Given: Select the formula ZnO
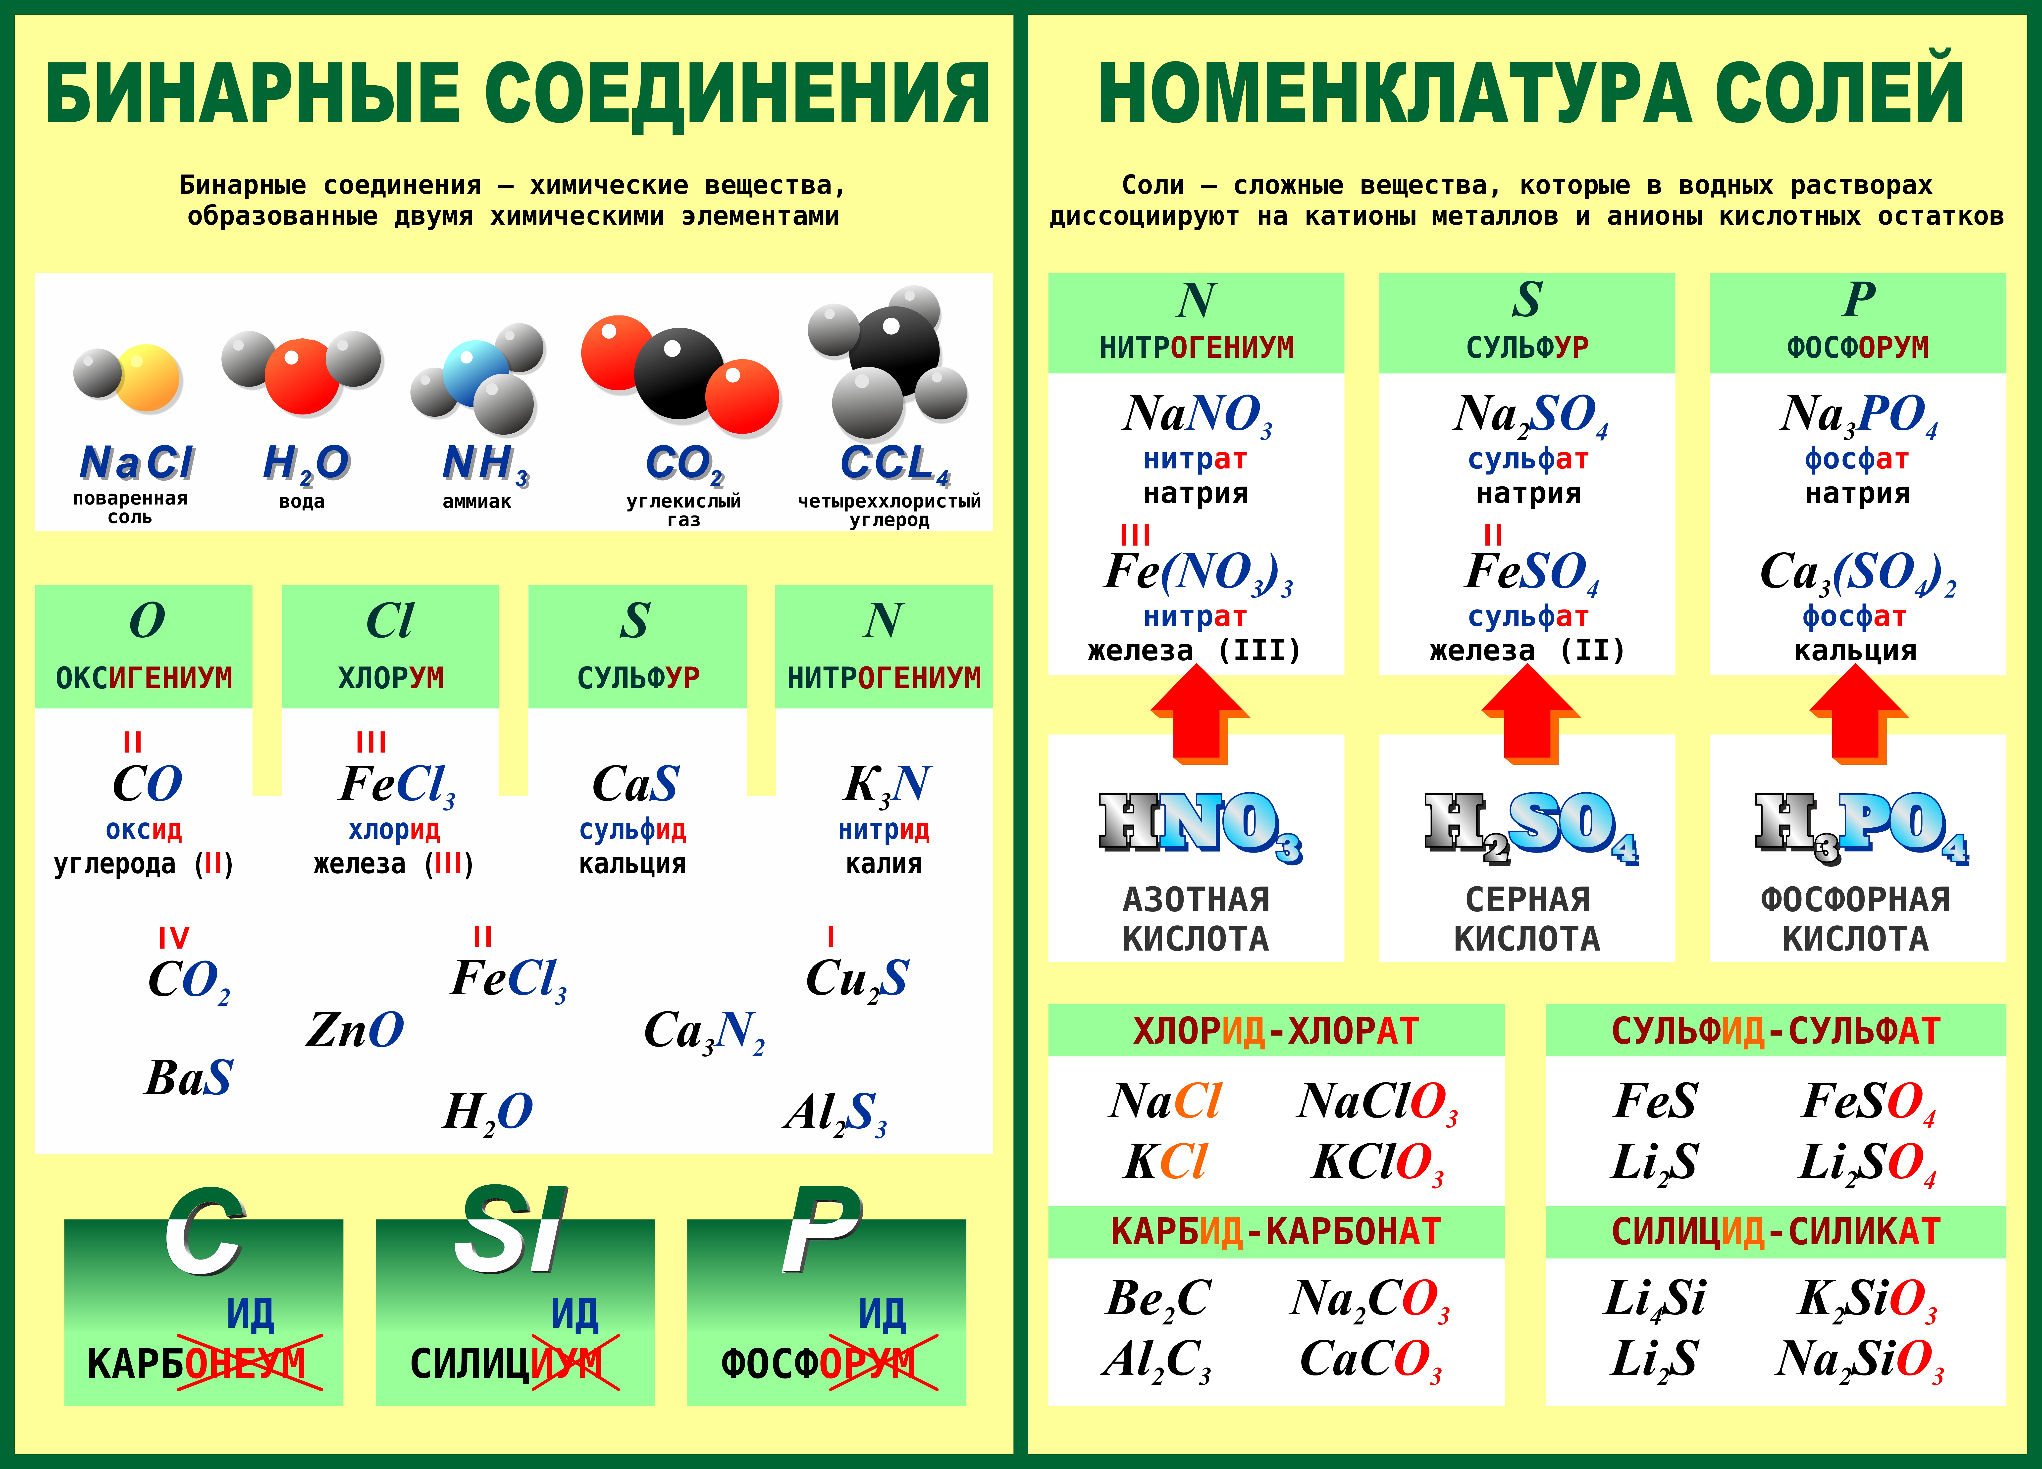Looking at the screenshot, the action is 355,1030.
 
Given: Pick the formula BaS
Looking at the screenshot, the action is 189,1077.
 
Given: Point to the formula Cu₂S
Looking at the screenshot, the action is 857,979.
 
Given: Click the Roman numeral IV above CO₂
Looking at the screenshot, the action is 174,938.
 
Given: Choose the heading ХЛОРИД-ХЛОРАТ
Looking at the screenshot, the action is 1276,1031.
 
